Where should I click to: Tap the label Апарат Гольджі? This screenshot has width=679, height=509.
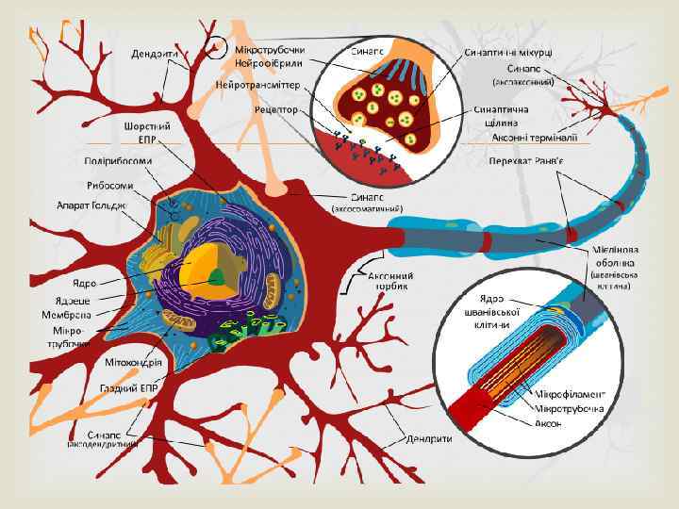tap(92, 205)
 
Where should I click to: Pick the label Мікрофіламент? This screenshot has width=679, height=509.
tap(571, 392)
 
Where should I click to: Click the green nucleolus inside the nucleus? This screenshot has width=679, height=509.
tap(217, 276)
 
